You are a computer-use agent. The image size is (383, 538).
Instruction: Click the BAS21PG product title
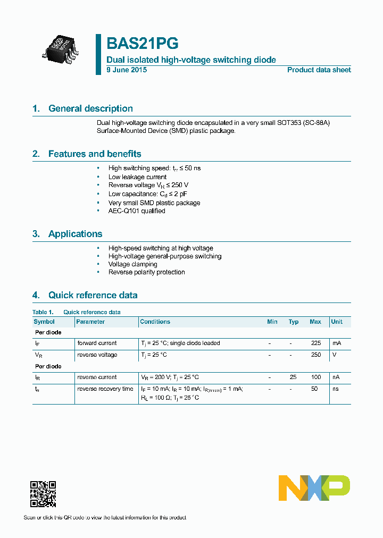click(x=143, y=44)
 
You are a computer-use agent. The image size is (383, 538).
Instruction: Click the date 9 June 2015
click(x=127, y=70)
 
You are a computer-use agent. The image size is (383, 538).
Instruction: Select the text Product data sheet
click(x=319, y=70)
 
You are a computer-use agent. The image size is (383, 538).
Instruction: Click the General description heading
click(x=90, y=108)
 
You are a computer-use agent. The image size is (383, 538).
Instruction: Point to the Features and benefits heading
click(x=95, y=154)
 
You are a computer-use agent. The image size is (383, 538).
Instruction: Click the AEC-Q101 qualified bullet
click(x=137, y=211)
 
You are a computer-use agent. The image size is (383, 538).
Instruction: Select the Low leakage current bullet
click(x=137, y=177)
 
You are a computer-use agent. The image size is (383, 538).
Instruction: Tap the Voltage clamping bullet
click(x=132, y=264)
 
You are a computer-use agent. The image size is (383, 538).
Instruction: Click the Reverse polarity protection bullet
click(x=146, y=272)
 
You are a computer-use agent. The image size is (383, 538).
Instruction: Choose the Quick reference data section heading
click(x=93, y=295)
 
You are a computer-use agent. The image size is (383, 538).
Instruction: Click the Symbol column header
click(x=44, y=322)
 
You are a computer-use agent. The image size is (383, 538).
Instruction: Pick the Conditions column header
click(x=155, y=322)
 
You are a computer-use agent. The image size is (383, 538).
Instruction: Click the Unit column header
click(x=337, y=322)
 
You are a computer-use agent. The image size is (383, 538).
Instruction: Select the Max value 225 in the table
click(x=316, y=343)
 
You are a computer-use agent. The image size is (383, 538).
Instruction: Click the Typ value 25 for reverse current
click(x=293, y=377)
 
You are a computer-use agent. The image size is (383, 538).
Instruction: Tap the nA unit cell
click(x=336, y=377)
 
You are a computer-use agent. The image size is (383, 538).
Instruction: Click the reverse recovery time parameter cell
click(x=105, y=389)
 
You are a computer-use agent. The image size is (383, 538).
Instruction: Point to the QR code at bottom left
click(x=43, y=494)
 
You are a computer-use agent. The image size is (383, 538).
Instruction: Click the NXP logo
click(x=314, y=487)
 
